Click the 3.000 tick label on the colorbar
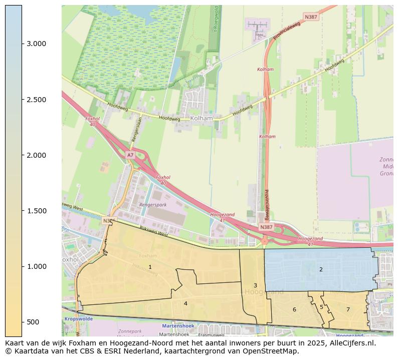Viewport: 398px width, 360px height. [37, 44]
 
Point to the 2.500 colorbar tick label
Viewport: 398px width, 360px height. [37, 100]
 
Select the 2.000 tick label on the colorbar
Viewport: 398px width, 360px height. [37, 155]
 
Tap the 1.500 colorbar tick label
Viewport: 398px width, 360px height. [37, 211]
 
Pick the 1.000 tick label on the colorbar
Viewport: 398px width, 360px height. [37, 266]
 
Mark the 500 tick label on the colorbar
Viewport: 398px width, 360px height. [34, 322]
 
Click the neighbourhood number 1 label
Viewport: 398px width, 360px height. [150, 267]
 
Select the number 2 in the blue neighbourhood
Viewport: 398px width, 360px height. [321, 269]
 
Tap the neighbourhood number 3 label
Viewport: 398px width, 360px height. [255, 285]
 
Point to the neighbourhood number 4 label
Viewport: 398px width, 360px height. [185, 303]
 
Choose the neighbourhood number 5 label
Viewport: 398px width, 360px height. [321, 307]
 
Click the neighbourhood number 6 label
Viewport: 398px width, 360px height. [294, 309]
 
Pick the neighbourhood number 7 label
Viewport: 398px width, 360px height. [348, 309]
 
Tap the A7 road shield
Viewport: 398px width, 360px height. [130, 155]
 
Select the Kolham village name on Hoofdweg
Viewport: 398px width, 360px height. [202, 118]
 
